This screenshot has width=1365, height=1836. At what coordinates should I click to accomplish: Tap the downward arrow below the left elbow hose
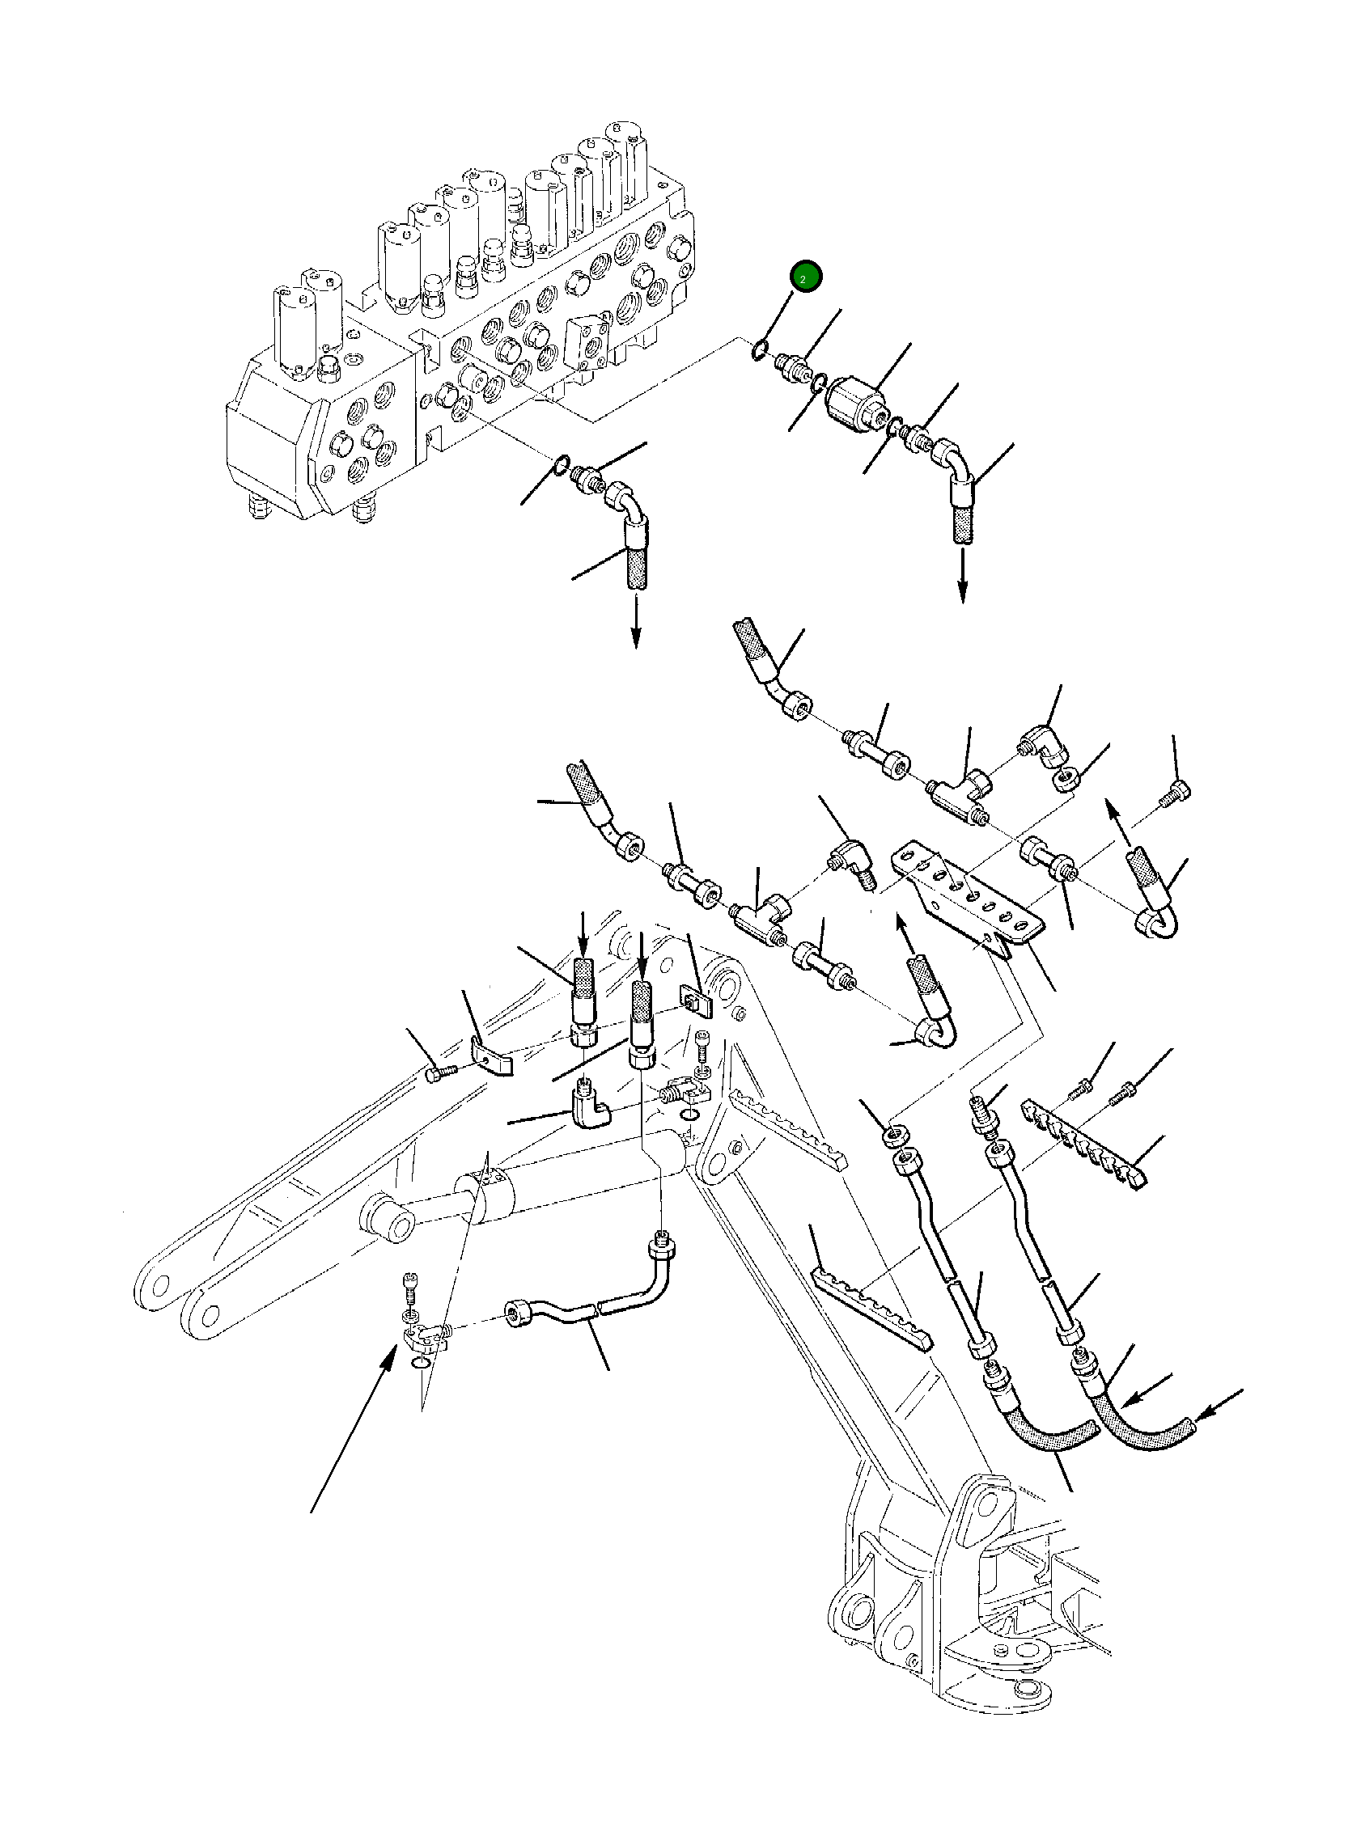[635, 624]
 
